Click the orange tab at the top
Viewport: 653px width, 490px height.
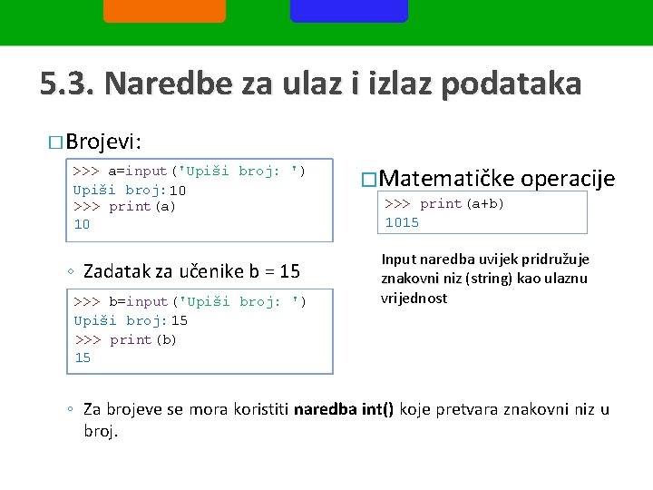click(164, 10)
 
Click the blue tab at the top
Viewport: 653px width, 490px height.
click(348, 10)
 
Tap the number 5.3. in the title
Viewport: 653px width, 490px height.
click(67, 84)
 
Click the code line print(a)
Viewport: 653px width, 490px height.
click(141, 206)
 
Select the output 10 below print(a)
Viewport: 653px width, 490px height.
click(82, 224)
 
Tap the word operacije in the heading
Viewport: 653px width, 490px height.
click(569, 179)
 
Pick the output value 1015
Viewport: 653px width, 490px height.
click(402, 221)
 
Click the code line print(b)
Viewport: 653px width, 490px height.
click(142, 339)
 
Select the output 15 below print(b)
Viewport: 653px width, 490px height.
click(83, 358)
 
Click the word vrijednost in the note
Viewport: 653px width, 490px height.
click(414, 299)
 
